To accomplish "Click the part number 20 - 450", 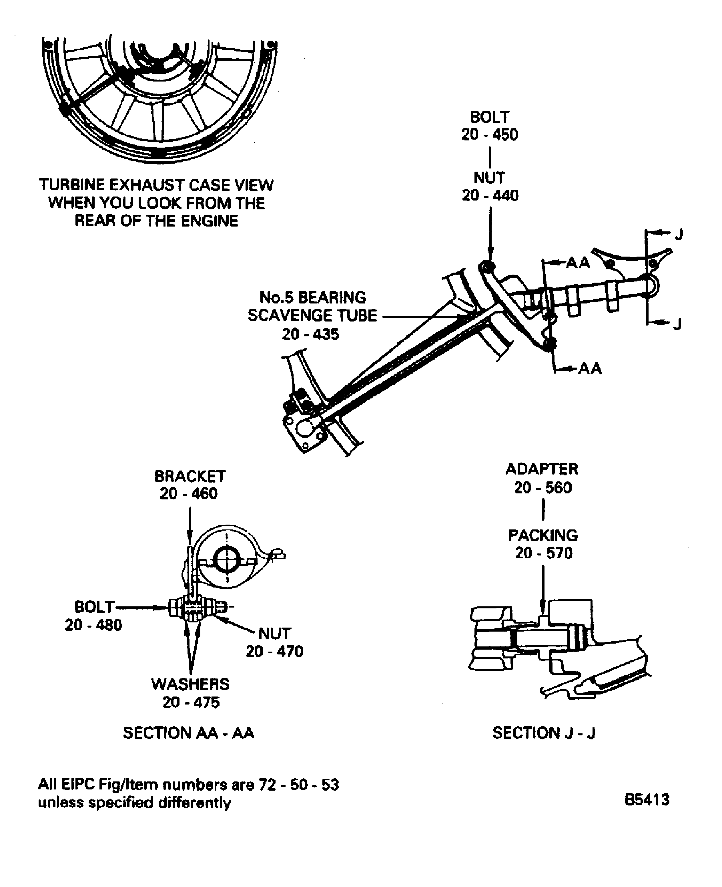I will tap(490, 134).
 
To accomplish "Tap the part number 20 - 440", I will tap(490, 195).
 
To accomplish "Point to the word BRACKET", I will tap(190, 476).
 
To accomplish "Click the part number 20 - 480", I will tap(93, 625).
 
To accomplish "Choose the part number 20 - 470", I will tap(274, 651).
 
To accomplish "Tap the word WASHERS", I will tap(190, 684).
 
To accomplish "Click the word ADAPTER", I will tap(541, 469).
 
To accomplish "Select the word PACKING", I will tap(543, 535).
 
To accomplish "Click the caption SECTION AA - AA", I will tap(188, 733).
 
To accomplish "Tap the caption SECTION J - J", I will tap(544, 733).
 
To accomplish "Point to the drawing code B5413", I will tap(647, 799).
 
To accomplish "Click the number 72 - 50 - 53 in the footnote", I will tap(299, 785).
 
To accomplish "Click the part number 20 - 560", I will tap(543, 487).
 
